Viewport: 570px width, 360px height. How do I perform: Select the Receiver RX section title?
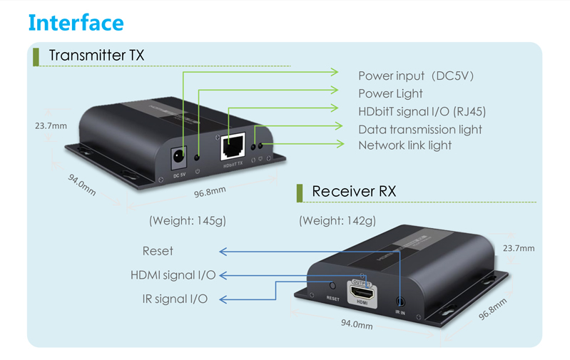354,191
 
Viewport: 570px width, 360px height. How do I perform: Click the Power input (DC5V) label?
416,76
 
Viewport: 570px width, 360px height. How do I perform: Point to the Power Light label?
390,93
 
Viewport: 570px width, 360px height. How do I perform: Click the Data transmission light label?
419,129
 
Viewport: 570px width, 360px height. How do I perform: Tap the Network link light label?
404,145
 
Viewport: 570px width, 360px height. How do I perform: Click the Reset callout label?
158,251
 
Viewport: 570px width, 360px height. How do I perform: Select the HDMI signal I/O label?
173,274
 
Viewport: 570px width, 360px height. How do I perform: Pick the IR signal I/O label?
175,299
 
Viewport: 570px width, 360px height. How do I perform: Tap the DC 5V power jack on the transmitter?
179,155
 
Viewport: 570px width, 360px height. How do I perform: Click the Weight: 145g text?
187,220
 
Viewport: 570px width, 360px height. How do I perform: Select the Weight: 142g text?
337,220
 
